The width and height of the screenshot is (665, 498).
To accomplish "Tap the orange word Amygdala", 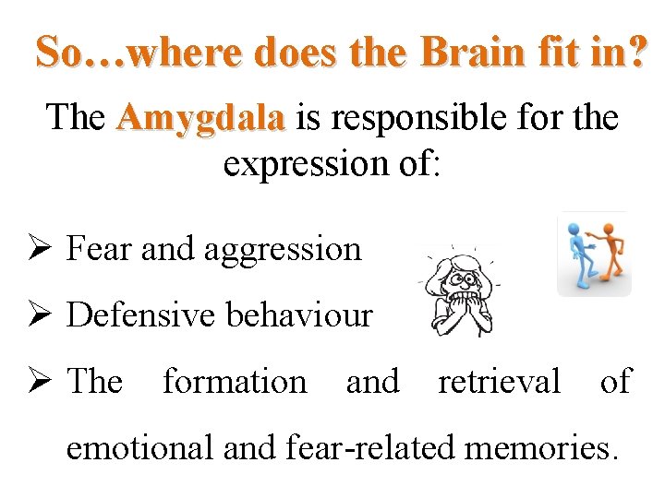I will click(200, 119).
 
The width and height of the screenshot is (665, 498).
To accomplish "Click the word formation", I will click(235, 381).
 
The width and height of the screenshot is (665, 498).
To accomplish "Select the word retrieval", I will click(499, 381).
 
